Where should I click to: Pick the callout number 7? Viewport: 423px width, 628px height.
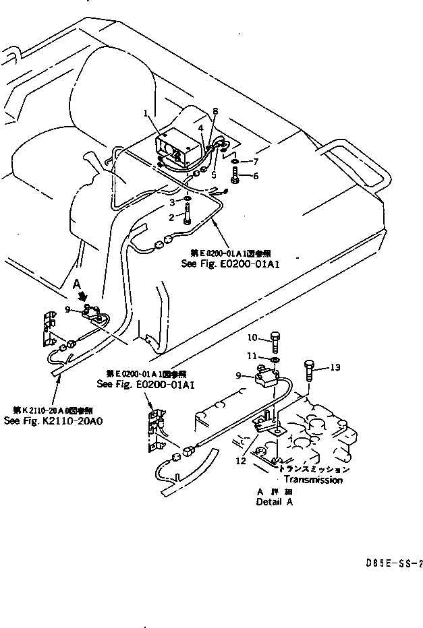point(255,162)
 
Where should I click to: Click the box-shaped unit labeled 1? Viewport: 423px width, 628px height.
point(177,146)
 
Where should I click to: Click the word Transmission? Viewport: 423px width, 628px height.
point(312,480)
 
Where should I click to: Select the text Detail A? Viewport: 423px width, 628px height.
point(275,502)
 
